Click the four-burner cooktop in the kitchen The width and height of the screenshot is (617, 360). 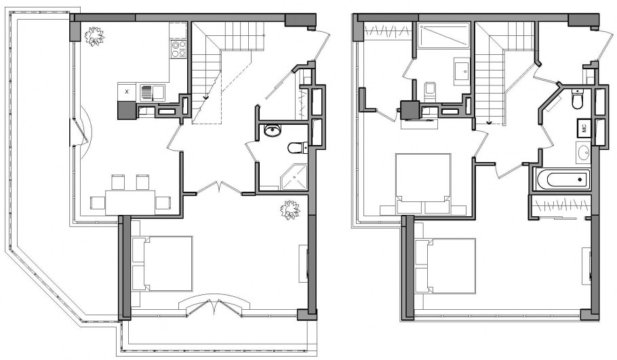click(178, 49)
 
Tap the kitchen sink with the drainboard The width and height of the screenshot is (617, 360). click(153, 93)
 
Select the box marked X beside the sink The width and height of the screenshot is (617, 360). click(127, 92)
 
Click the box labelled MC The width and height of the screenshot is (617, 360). click(584, 127)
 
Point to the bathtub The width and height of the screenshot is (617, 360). click(563, 180)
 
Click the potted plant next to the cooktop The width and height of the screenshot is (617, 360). click(94, 36)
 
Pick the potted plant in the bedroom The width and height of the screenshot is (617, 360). click(290, 209)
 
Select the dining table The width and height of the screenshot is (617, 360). click(130, 203)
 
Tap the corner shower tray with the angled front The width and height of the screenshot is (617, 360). click(294, 178)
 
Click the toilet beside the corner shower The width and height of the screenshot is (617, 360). click(298, 148)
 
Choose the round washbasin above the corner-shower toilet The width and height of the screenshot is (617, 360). click(272, 130)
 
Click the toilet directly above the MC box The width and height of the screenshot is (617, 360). click(578, 100)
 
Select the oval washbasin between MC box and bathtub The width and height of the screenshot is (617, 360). click(584, 153)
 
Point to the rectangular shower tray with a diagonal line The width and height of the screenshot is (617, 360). click(444, 35)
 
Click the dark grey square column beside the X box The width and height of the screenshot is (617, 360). click(127, 111)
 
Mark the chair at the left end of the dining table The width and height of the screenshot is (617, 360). click(97, 203)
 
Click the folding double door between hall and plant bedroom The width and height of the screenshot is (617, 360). click(219, 188)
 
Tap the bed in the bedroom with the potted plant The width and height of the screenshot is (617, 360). click(162, 264)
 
